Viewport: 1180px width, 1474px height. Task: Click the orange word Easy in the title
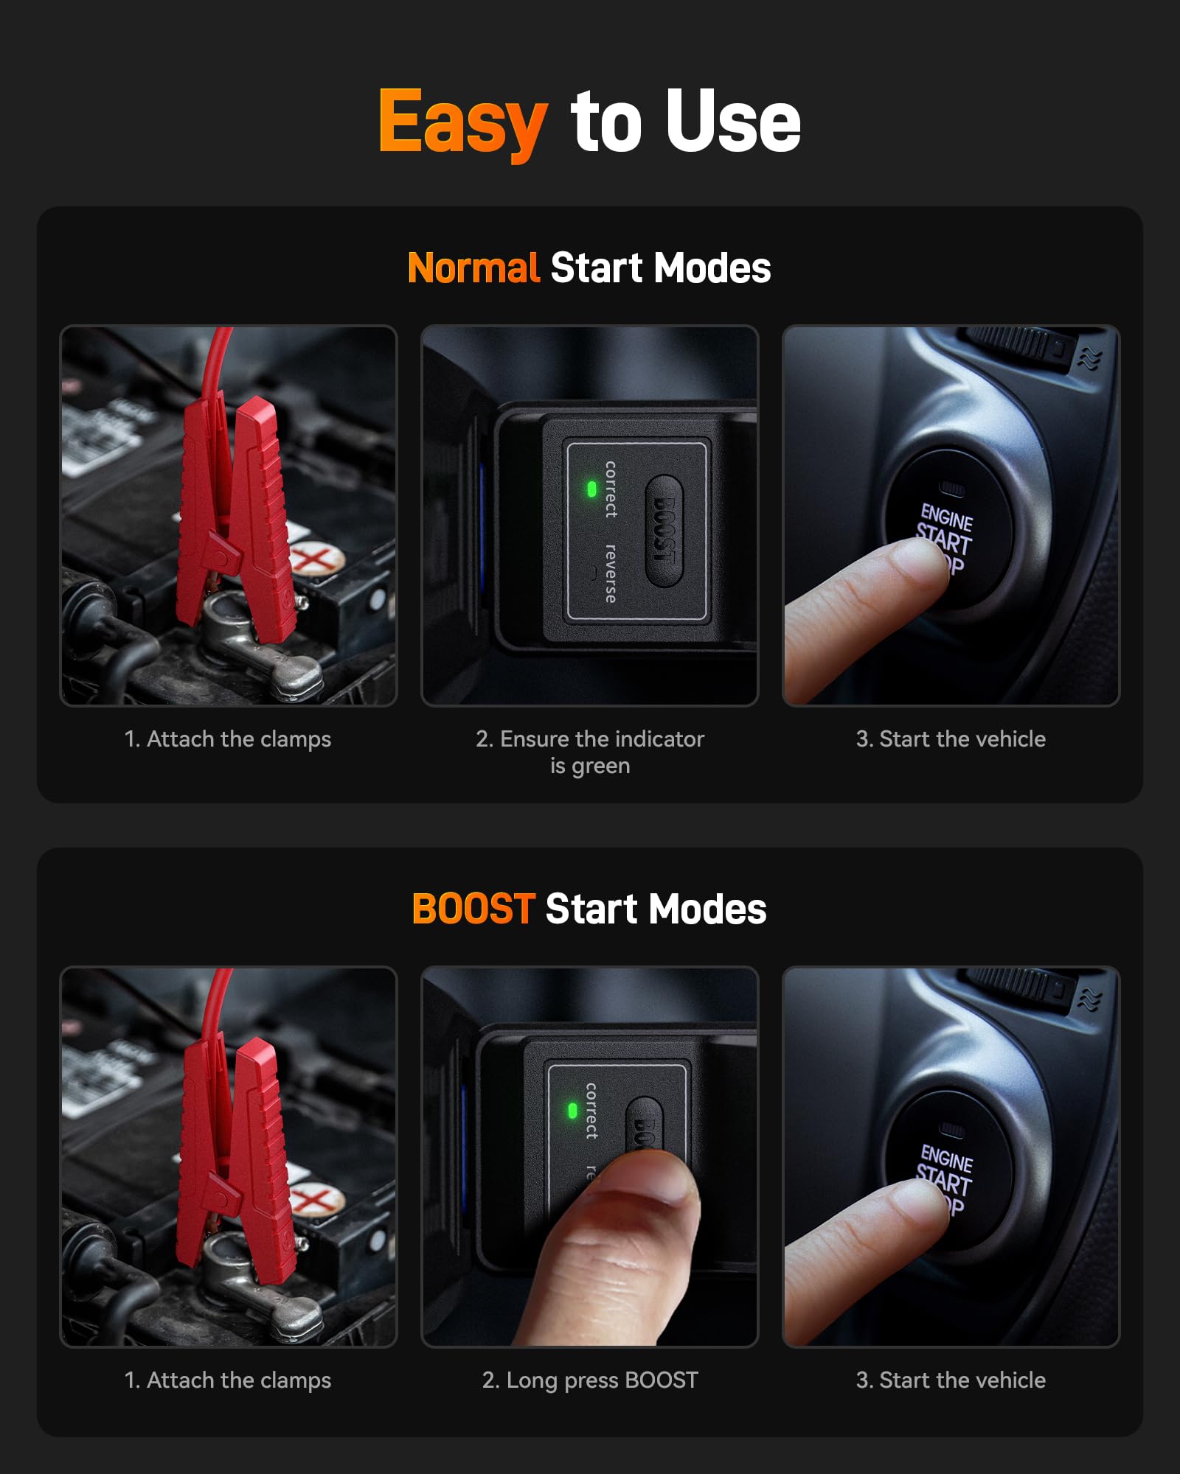(462, 122)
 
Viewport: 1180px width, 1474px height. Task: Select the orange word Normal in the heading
(473, 268)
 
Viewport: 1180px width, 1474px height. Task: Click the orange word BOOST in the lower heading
(473, 909)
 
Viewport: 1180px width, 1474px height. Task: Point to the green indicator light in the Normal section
(591, 489)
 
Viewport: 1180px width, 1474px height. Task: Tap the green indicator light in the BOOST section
(572, 1111)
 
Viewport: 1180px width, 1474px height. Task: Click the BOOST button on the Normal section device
(664, 531)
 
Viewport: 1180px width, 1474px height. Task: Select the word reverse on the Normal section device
(611, 573)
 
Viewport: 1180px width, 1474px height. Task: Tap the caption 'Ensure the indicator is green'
(590, 752)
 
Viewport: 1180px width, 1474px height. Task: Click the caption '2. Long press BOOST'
(590, 1380)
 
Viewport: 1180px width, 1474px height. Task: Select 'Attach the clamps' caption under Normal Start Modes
(228, 738)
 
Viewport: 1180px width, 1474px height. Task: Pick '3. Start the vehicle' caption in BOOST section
(951, 1380)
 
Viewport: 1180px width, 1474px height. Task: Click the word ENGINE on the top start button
(947, 517)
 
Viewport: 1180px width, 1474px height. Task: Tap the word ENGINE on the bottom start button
(947, 1159)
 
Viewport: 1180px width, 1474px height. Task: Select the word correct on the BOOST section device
(591, 1111)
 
